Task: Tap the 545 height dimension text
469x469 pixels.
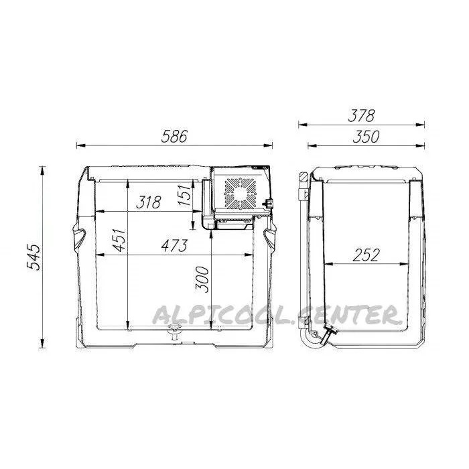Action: [33, 257]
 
